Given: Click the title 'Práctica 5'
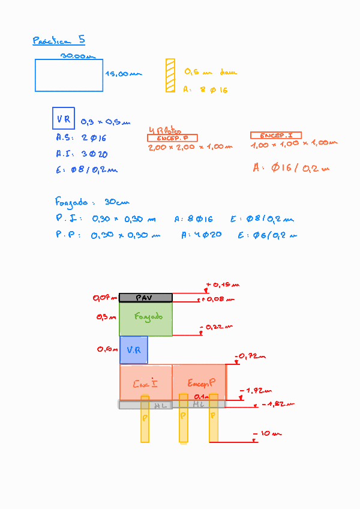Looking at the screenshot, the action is pos(58,41).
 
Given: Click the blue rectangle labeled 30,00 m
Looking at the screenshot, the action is pos(69,76).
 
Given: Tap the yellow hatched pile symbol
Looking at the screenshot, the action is pos(170,75).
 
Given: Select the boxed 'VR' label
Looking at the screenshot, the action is pos(63,119).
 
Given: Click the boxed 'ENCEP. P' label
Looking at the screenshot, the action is pos(172,138).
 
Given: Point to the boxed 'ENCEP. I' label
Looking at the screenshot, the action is pos(275,136).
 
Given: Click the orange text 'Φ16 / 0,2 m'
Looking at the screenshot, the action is pos(291,168).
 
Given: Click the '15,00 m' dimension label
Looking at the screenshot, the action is pos(124,74).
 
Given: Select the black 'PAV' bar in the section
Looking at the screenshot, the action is pos(146,298).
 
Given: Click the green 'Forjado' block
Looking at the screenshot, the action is pos(146,318).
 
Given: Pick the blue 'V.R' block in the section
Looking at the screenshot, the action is pos(133,350).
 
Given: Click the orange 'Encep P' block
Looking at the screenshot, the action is pos(200,382).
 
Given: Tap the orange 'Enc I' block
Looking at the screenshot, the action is pos(146,382).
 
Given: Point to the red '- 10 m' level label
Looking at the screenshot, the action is pos(268,433).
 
